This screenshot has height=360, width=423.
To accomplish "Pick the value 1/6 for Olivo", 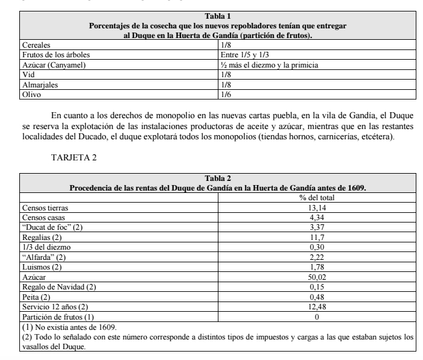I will [226, 95].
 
